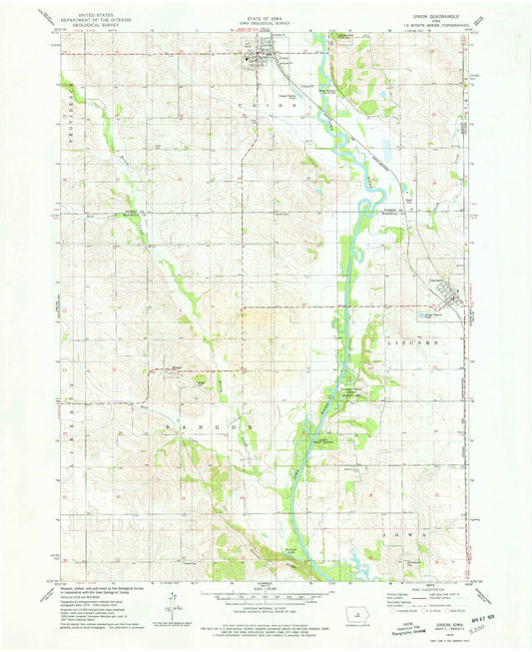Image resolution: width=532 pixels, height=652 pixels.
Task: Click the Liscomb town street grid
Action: [451, 297]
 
